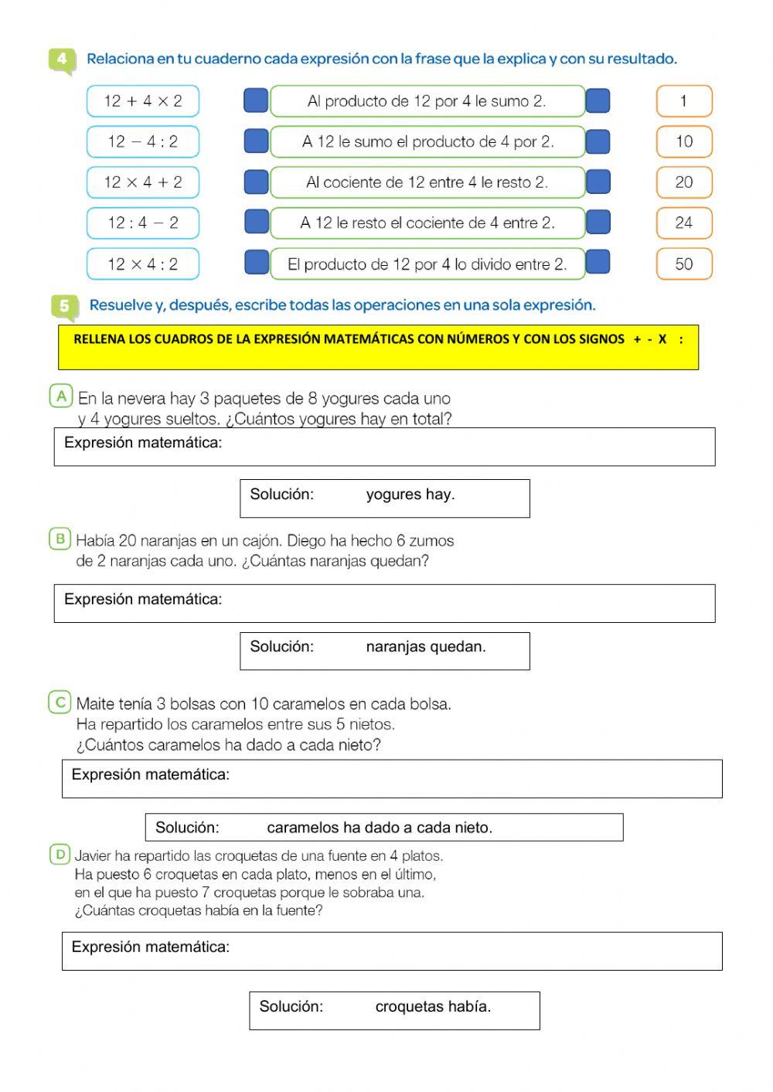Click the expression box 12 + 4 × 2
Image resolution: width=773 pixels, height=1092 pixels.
coord(143,101)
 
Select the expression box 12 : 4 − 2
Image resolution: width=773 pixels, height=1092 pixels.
coord(143,223)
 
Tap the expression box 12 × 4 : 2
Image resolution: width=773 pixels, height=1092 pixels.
coord(143,264)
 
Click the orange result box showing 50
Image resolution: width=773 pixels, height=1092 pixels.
coord(683,264)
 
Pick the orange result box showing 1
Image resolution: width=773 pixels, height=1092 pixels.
coord(683,101)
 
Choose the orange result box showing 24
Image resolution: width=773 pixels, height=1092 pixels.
coord(683,223)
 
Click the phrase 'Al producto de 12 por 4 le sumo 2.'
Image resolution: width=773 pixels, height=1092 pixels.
coord(427,101)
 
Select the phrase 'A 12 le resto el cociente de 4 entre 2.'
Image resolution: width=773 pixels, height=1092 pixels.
coord(427,223)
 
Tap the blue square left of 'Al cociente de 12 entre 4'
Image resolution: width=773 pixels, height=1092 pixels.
coord(256,182)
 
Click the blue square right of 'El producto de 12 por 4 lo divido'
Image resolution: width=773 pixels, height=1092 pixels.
coord(598,263)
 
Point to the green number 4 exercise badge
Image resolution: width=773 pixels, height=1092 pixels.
coord(62,60)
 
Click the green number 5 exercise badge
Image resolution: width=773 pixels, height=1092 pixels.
coord(64,306)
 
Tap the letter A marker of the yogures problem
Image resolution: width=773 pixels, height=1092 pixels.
coord(61,396)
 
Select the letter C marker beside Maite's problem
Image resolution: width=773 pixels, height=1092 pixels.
coord(60,702)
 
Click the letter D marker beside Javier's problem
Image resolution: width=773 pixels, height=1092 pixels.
coord(60,855)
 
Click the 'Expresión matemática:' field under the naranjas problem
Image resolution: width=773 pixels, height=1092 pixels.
coord(384,603)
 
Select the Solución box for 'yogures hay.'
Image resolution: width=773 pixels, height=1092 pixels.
coord(384,498)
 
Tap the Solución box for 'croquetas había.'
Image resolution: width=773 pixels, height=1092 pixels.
coord(393,1010)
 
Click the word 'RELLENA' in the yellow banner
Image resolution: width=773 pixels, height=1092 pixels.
coord(98,339)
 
